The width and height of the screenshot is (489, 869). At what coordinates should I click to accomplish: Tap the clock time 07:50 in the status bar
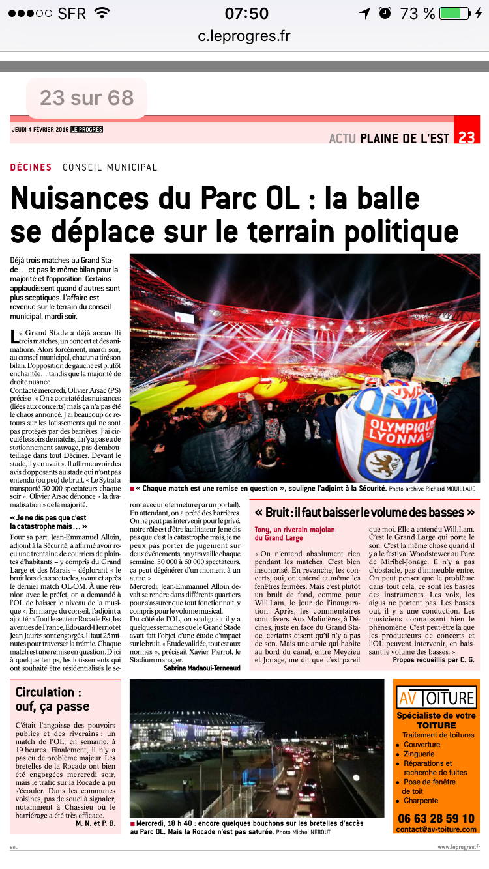pos(246,14)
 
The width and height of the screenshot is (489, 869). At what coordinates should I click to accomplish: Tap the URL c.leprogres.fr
pos(244,36)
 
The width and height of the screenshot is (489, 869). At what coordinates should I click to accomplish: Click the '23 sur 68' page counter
pos(87,98)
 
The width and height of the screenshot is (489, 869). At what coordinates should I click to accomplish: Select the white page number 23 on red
pos(467,137)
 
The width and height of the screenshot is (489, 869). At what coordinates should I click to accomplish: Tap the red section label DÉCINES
pos(31,167)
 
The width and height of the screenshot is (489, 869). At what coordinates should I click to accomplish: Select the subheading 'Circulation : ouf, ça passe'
pos(53,699)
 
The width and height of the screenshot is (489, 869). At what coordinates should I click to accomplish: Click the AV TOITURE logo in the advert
pos(436,698)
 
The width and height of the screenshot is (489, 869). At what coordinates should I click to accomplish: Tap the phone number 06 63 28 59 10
pos(436,818)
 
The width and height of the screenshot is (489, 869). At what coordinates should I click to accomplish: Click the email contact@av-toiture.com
pos(436,829)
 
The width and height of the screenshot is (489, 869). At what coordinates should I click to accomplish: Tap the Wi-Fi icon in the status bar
pos(102,14)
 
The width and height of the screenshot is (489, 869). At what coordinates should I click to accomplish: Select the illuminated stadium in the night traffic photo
pos(196,726)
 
